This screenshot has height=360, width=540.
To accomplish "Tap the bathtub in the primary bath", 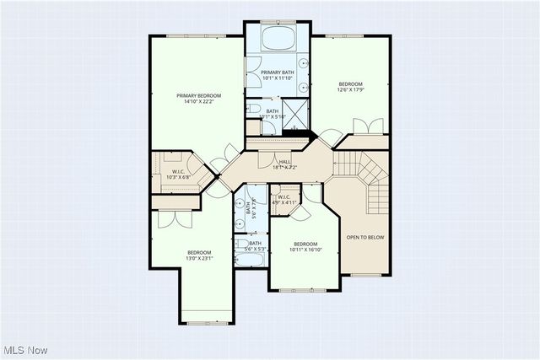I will [278, 40].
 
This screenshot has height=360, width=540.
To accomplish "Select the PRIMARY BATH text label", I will [277, 73].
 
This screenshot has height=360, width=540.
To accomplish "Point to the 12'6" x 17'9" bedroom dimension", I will [350, 91].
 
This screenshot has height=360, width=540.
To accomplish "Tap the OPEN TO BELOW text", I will [364, 238].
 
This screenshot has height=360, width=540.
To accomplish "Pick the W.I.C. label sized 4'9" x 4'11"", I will [283, 199].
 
